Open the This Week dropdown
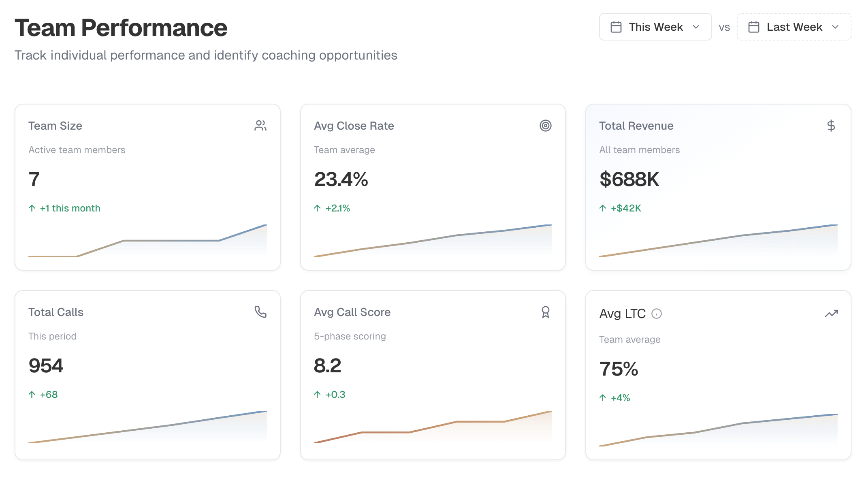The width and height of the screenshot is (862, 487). (655, 27)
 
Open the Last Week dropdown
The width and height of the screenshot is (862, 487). (794, 27)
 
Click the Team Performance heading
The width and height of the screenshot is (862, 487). (121, 28)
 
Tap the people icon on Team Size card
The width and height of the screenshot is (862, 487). (260, 126)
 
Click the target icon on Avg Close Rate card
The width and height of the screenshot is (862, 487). (545, 126)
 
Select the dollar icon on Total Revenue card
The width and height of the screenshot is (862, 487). (831, 126)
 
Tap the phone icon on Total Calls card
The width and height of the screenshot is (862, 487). (260, 312)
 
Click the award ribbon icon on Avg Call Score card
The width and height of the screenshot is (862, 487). (545, 312)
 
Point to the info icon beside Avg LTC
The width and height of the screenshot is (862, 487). (656, 314)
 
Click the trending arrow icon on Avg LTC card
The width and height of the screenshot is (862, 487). (831, 314)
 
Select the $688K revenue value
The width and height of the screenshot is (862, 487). (629, 179)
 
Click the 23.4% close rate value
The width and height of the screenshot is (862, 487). (341, 179)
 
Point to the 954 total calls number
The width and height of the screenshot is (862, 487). (46, 365)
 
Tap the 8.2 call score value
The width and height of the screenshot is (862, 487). (327, 365)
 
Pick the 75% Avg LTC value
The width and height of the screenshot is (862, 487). (619, 369)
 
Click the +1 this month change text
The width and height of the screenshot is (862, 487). (70, 208)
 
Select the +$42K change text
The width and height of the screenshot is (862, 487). (626, 208)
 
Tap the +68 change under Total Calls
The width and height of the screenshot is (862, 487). (49, 395)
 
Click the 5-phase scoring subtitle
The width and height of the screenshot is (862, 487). (350, 336)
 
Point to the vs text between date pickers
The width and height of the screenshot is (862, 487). (724, 28)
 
